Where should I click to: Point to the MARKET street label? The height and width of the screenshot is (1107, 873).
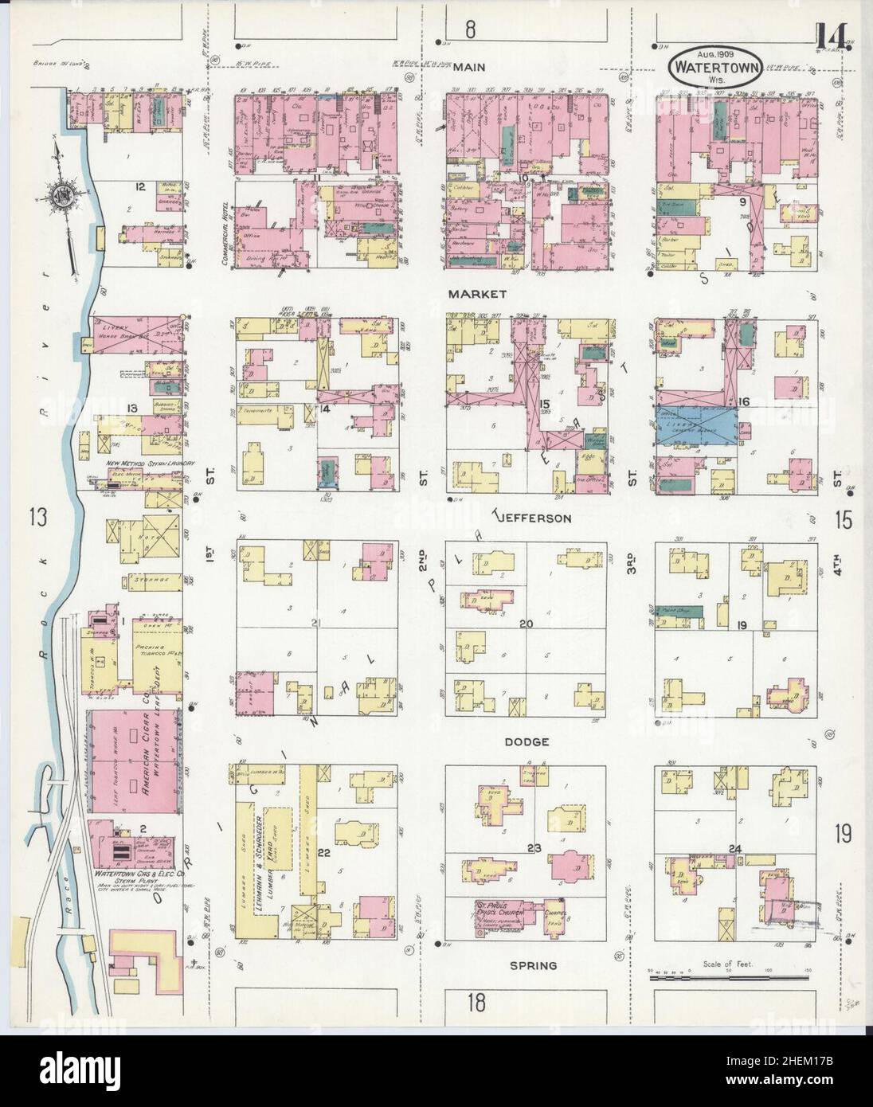pyautogui.click(x=477, y=294)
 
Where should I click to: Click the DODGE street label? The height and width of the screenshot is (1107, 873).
pyautogui.click(x=527, y=741)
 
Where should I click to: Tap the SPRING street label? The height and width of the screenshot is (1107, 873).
pyautogui.click(x=534, y=965)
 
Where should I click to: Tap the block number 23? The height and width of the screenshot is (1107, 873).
pyautogui.click(x=534, y=849)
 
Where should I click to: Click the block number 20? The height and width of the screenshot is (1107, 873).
pyautogui.click(x=526, y=624)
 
